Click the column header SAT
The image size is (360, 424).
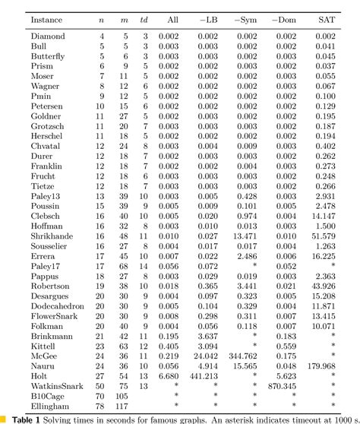[325, 17]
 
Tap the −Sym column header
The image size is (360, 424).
[243, 17]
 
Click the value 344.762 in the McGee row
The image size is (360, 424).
[242, 355]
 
